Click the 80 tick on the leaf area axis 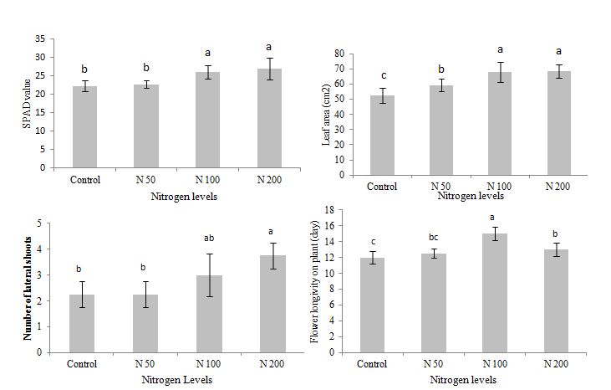pyautogui.click(x=339, y=53)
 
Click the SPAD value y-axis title pyautogui.click(x=27, y=103)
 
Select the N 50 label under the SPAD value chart pyautogui.click(x=147, y=179)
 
